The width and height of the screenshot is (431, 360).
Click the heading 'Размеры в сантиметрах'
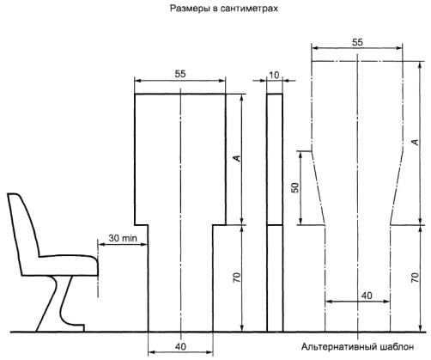coord(224,9)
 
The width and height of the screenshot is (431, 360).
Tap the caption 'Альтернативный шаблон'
coord(357,347)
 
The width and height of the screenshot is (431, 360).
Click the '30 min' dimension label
coord(123,238)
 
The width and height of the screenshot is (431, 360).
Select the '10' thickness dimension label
coord(274,75)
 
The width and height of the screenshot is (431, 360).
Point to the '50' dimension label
coord(294,187)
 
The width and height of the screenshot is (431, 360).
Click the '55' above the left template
coord(180,74)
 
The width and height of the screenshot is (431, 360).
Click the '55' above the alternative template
coord(357,42)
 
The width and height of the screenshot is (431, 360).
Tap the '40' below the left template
coord(180,346)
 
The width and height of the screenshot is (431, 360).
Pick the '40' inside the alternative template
coord(367,296)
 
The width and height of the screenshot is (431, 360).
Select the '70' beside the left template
coord(237,278)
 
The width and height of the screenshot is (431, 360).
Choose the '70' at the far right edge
coord(415,278)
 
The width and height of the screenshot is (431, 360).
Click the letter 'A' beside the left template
coord(237,158)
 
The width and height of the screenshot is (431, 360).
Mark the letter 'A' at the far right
coord(415,142)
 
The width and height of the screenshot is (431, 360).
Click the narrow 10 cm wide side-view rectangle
coord(275,213)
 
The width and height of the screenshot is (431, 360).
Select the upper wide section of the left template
coord(180,159)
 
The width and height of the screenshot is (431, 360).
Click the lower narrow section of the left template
coord(180,278)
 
